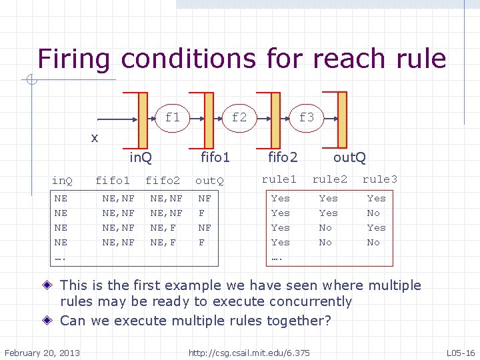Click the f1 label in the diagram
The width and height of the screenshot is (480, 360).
coord(172,117)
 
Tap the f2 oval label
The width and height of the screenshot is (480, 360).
coord(239,117)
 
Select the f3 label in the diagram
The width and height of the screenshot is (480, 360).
coord(306,117)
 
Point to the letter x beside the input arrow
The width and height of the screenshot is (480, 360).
coord(95,138)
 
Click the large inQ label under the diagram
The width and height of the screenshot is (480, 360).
coord(141,158)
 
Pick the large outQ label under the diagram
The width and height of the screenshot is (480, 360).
coord(349,158)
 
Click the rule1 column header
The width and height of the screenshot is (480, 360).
coord(279,179)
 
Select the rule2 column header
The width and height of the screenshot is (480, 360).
coord(329,179)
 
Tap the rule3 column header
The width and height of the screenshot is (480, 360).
coord(379,179)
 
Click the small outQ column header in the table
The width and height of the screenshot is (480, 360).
coord(209,181)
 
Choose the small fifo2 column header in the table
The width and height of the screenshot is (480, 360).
coord(163,181)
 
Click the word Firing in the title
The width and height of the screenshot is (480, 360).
coord(75,59)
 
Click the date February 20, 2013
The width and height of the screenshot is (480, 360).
coord(42,351)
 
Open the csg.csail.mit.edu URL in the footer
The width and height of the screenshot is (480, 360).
coord(249,351)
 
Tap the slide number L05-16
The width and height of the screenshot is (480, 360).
coord(460,351)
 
